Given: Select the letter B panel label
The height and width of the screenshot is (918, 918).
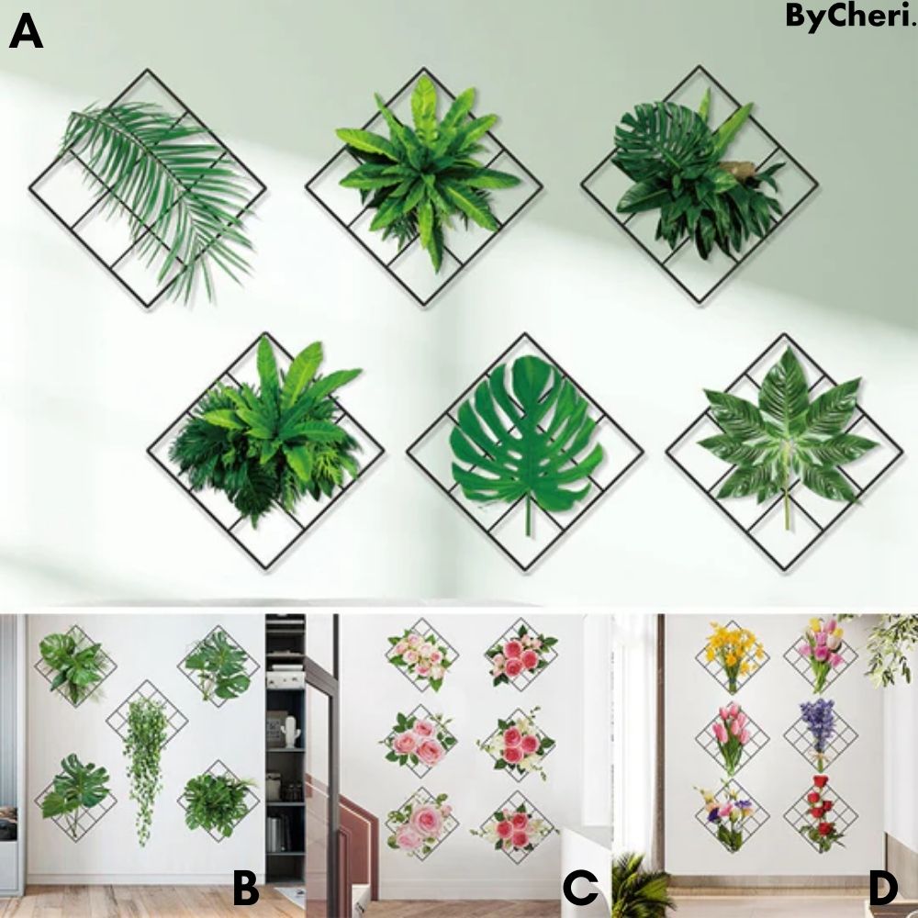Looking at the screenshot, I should [x=245, y=889].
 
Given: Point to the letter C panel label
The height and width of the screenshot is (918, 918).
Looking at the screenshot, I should [x=580, y=889].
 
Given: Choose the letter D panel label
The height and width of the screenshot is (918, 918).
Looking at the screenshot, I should [x=881, y=889].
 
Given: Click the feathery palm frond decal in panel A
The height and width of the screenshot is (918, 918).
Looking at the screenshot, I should [x=156, y=184].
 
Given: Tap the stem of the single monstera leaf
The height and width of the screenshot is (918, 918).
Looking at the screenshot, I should [x=527, y=514].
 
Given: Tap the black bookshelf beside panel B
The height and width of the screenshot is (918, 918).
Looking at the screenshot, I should [x=285, y=734].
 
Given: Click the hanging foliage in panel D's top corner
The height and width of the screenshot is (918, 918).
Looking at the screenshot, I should [x=890, y=643].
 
